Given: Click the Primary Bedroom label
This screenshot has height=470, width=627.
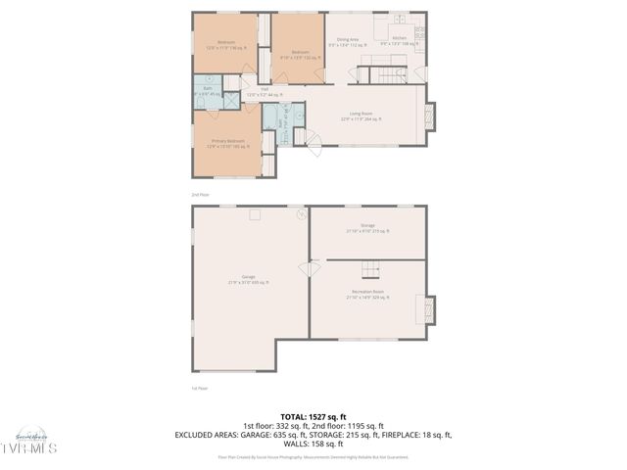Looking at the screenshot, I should coord(227,143).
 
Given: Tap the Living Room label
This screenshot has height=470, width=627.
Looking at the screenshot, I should coord(362,116).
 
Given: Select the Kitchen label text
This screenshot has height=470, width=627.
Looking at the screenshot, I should coord(399,41).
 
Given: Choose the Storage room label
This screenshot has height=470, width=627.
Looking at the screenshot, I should coord(367,228).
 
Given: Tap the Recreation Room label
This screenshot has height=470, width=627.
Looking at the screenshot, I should coord(367,294).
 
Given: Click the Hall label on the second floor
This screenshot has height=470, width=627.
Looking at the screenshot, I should coord(264,92).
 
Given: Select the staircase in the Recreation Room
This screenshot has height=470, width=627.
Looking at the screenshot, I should coord(371,270).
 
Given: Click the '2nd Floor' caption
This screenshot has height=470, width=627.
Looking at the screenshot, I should coord(200,194).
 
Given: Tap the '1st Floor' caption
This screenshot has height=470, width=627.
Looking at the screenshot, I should coord(199,388).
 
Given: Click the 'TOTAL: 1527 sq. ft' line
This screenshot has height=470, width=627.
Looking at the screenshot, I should coord(313,416).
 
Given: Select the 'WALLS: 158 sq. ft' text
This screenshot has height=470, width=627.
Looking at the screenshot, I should coord(313,443).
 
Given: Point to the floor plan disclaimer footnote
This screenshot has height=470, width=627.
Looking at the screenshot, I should coord(313,456).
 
